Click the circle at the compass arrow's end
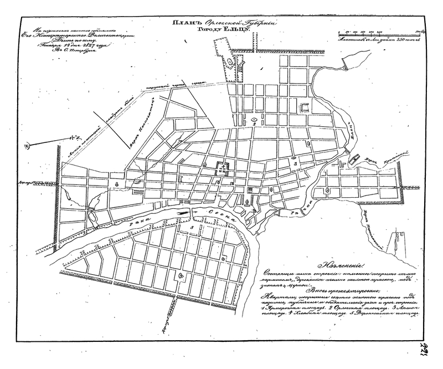click(25, 146)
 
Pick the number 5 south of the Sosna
click(191, 228)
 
